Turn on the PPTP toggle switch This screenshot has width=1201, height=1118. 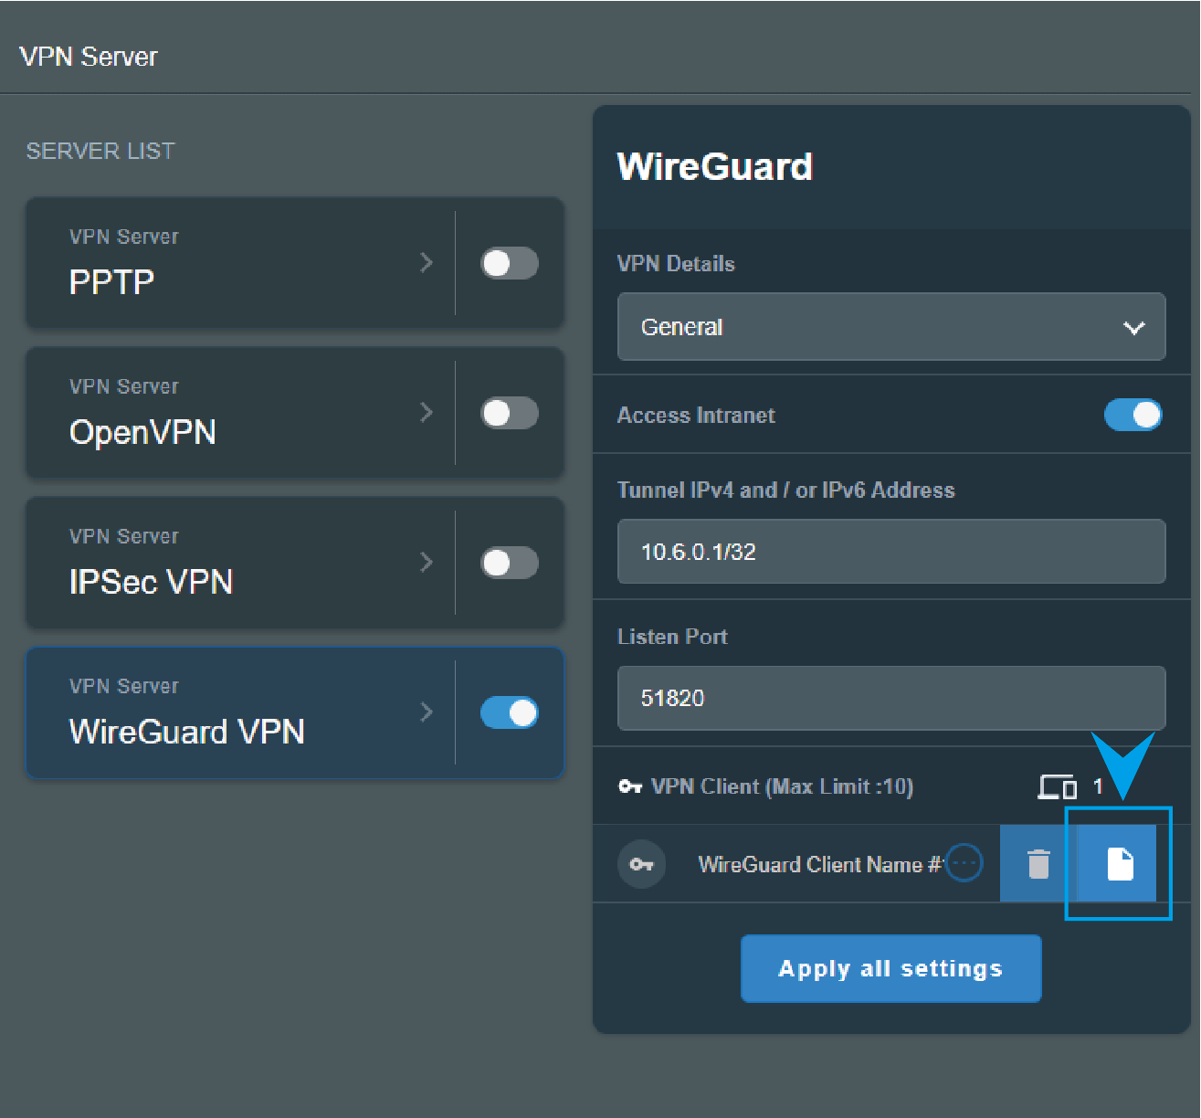tap(510, 263)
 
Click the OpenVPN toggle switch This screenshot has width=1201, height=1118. tap(510, 413)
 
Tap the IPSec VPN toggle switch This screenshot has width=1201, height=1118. tap(510, 563)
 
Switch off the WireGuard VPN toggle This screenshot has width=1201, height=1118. tap(510, 712)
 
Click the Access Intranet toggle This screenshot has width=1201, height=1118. tap(1133, 415)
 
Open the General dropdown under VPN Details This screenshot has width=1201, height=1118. tap(891, 327)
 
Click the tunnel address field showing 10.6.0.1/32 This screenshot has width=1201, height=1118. tap(891, 551)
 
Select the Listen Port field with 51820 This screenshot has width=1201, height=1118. tap(891, 698)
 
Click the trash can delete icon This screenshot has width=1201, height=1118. tap(1038, 863)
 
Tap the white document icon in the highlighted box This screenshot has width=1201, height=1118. tap(1120, 864)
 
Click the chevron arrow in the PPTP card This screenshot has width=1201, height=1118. tap(427, 262)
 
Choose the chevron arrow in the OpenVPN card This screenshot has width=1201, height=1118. tap(427, 413)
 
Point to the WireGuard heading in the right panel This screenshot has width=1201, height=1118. tap(715, 166)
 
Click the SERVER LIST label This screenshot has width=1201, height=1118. tap(100, 151)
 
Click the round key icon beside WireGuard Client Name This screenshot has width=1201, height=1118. tap(642, 864)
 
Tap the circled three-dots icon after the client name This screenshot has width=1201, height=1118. tap(964, 862)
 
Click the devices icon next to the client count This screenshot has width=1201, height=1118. tap(1057, 787)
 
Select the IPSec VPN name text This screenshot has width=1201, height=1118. tap(152, 582)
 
